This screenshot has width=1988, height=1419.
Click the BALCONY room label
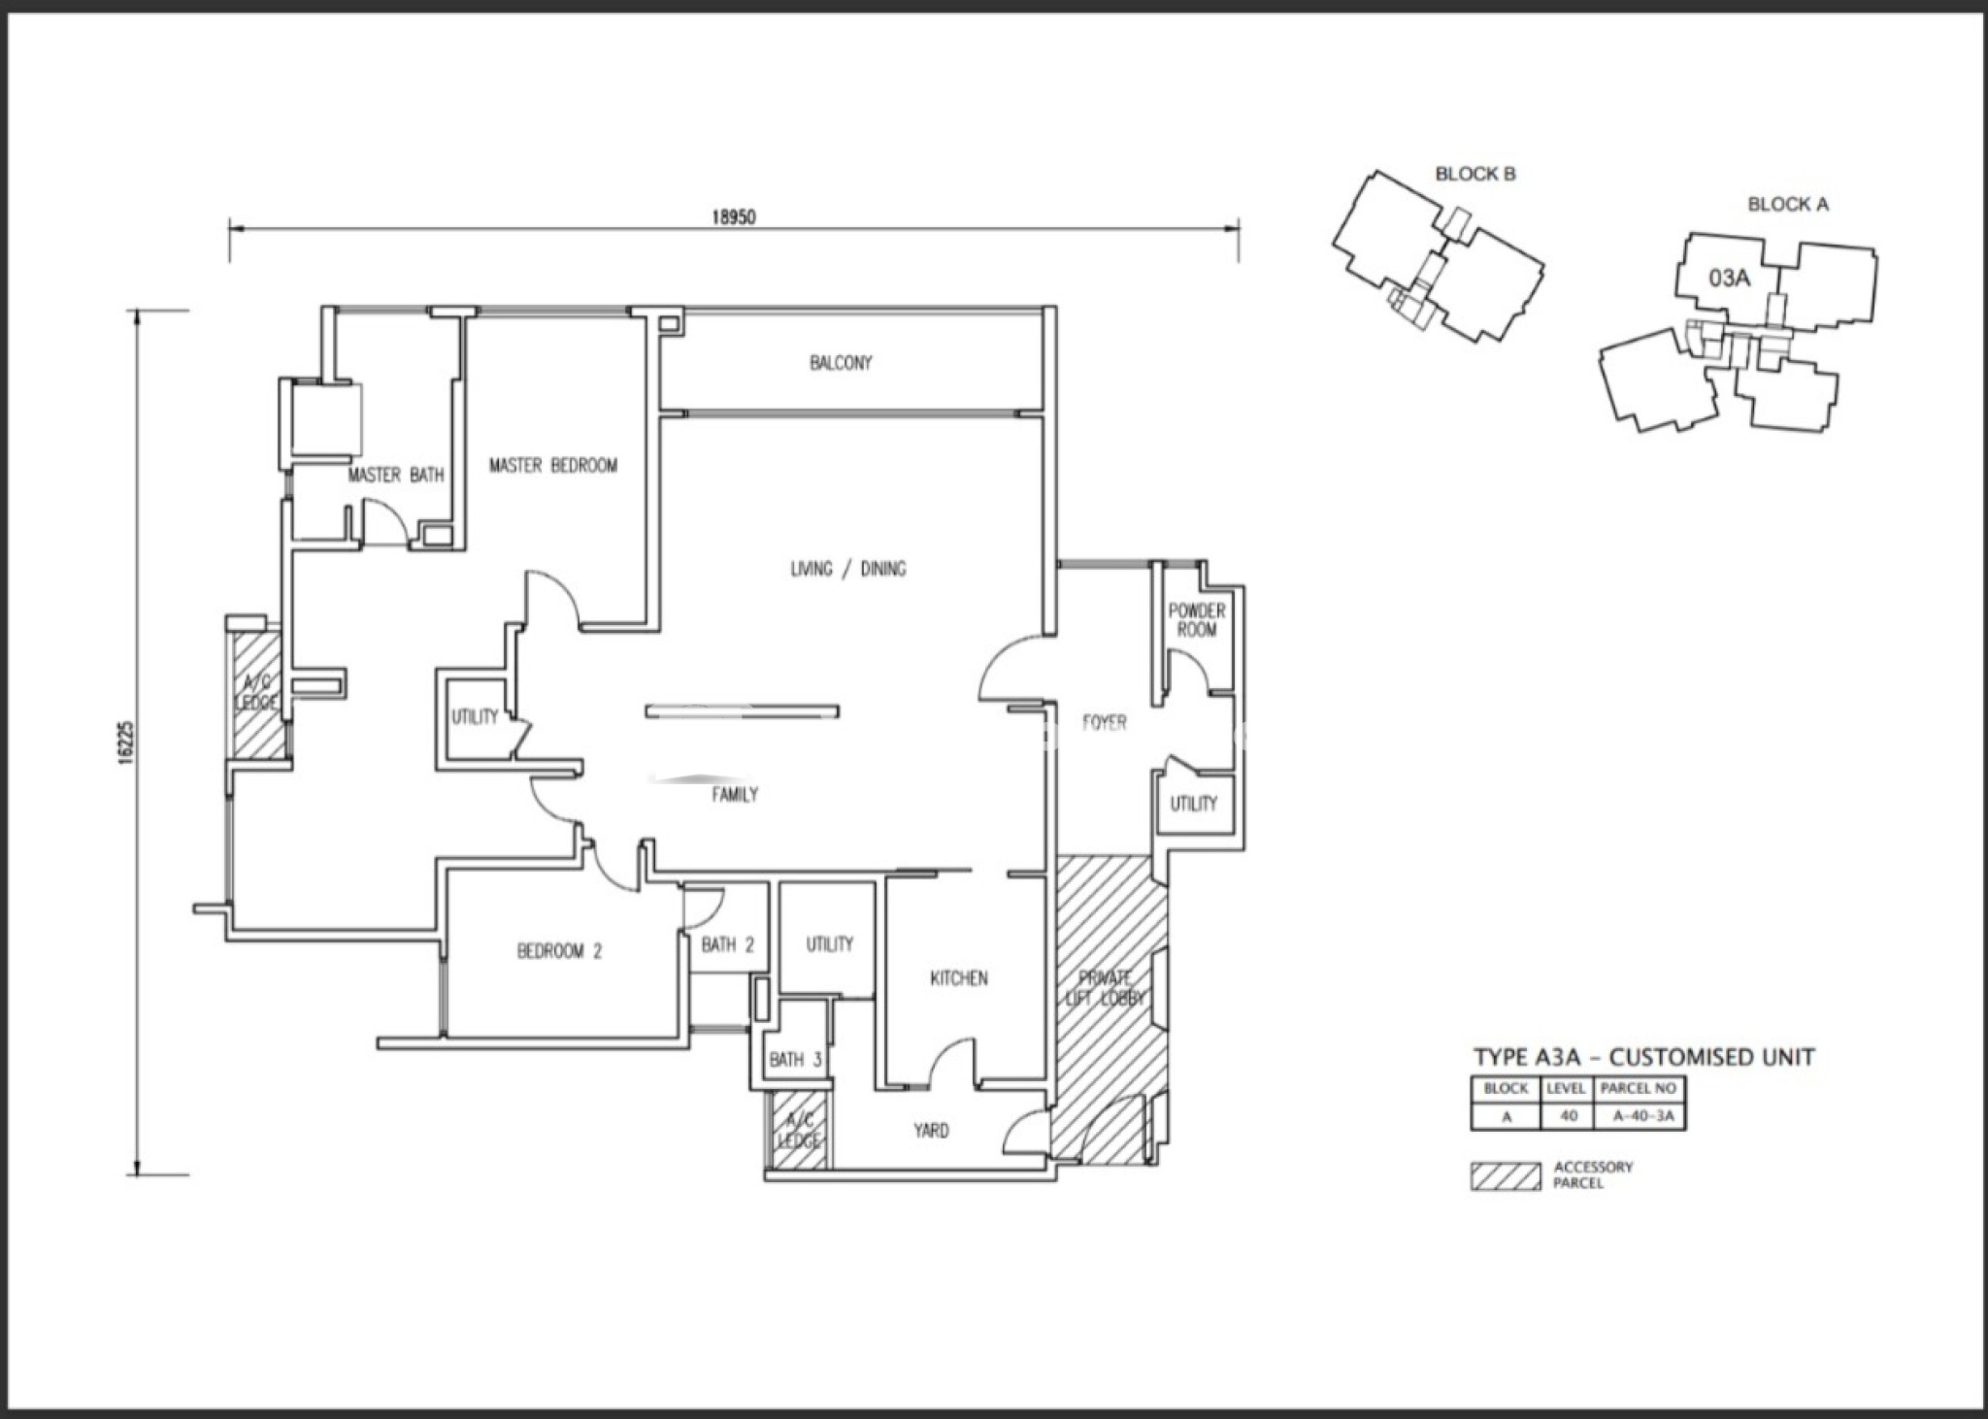pos(841,363)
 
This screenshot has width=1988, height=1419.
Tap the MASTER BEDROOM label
pos(553,466)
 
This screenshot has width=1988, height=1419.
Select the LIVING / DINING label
pos(848,569)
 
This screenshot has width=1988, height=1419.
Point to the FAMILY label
pos(735,795)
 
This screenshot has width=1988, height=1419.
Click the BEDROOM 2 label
pos(559,951)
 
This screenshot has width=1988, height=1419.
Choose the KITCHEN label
pos(959,978)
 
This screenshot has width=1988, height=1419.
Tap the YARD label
pos(931,1131)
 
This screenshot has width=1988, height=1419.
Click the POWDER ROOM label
pos(1197,620)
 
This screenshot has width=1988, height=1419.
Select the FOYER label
pos(1105,723)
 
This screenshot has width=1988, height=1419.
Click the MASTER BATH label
pos(396,476)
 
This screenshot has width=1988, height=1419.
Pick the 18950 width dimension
pos(734,217)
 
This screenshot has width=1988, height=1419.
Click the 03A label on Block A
pos(1729,279)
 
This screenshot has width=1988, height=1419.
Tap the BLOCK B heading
pos(1475,175)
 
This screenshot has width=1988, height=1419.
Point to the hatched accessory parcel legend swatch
pos(1506,1176)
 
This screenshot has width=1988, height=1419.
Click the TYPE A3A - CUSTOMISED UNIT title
pos(1643,1057)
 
